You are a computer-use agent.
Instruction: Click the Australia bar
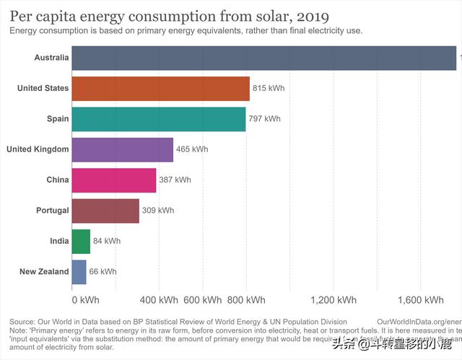coord(264,58)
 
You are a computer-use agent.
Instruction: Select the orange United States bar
coord(161,88)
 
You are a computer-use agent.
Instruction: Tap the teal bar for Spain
coord(159,118)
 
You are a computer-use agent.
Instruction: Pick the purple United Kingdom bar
coord(123,149)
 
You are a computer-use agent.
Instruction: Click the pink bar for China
coord(114,180)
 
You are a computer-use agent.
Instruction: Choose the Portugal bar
coord(105,210)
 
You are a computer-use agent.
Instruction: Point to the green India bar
coord(81,241)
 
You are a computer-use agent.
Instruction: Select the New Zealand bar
coord(79,271)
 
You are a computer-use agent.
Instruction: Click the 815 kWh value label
coord(269,88)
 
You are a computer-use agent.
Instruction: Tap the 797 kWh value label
coord(264,118)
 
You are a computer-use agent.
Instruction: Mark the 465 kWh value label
coord(192,149)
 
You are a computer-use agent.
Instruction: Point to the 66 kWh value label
coord(103,272)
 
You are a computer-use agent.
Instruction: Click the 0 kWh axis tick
coord(85,300)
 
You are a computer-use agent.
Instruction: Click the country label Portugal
coord(52,211)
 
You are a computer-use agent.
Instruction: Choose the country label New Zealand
coord(44,272)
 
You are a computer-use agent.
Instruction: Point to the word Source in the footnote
coord(22,321)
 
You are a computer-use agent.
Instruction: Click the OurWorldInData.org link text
coord(419,321)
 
